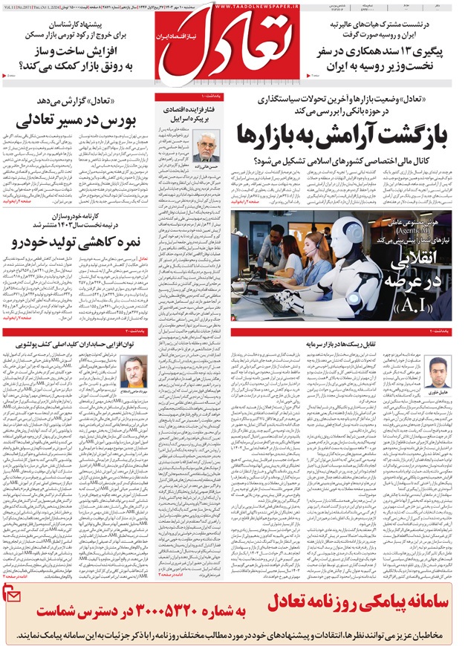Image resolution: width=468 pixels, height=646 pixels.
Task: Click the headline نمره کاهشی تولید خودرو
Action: tap(80, 242)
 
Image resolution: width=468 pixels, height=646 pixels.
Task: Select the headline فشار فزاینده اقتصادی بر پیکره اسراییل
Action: tap(195, 113)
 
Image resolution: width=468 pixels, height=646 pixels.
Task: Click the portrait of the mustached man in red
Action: tap(134, 371)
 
